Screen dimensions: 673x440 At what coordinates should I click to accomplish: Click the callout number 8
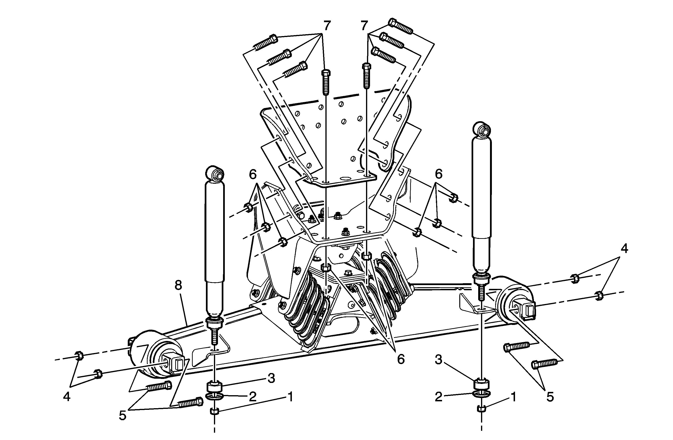(x=178, y=286)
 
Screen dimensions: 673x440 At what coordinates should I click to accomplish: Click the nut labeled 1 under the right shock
(x=481, y=408)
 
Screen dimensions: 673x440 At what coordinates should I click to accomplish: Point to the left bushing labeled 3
(x=215, y=386)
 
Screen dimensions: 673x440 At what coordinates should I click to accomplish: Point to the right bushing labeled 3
(x=481, y=383)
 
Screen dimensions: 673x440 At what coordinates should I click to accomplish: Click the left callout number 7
(x=327, y=26)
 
